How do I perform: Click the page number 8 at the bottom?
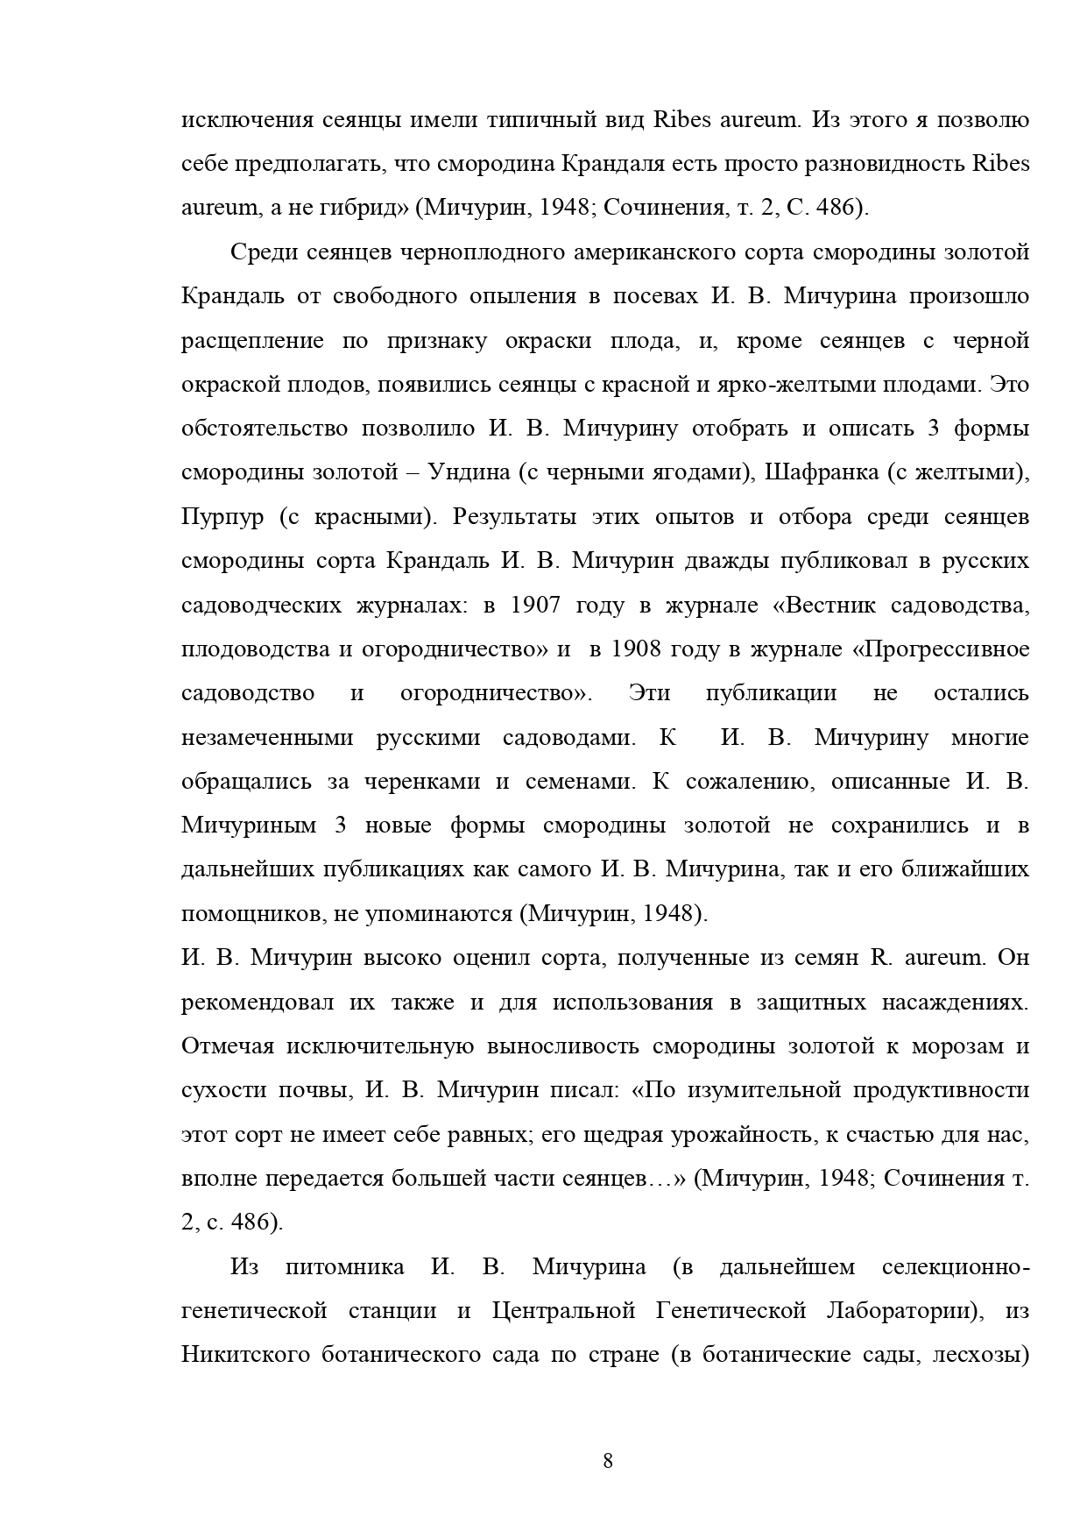(608, 1461)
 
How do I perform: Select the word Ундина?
(469, 472)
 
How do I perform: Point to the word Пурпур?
(222, 517)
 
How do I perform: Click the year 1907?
(534, 606)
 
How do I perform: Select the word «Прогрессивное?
(941, 649)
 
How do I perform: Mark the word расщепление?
(252, 341)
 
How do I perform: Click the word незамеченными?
(268, 738)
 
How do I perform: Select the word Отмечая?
(228, 1046)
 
